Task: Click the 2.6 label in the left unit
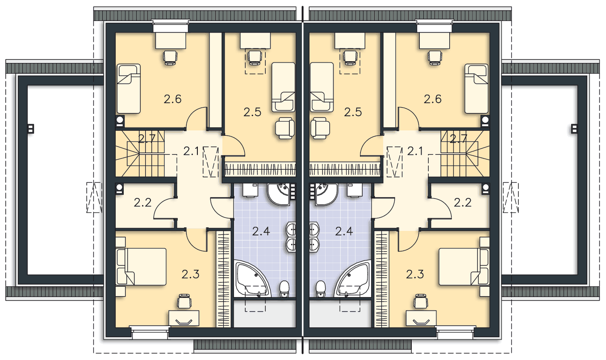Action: [173, 99]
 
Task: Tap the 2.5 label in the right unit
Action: [353, 112]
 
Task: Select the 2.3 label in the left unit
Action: [190, 274]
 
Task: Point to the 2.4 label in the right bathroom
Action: [344, 231]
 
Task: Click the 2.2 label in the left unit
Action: [142, 202]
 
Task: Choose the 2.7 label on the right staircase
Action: [459, 139]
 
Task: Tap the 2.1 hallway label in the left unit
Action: [191, 151]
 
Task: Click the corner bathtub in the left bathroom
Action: [252, 278]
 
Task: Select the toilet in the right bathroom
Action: [321, 289]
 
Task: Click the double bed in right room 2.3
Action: [464, 267]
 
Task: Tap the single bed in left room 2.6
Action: [129, 88]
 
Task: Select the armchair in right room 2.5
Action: [320, 128]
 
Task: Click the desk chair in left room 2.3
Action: [184, 301]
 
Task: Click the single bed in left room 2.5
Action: [283, 87]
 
